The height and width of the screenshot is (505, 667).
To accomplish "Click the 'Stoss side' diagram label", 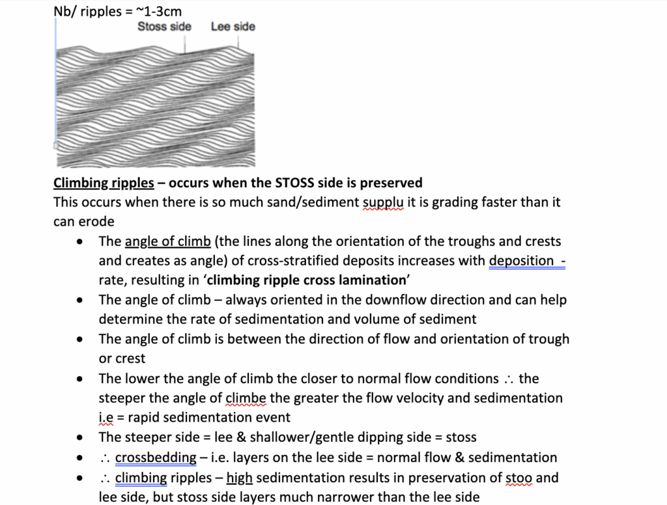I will (164, 27).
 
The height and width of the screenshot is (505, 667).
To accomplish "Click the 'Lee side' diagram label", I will (233, 27).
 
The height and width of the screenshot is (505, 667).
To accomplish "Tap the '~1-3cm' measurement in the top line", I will (160, 11).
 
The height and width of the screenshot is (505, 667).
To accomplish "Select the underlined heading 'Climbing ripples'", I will (104, 183).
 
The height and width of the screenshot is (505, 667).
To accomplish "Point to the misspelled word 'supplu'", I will (383, 202).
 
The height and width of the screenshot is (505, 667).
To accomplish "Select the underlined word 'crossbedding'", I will (156, 457).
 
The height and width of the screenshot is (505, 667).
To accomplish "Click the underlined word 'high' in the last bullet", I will (240, 478).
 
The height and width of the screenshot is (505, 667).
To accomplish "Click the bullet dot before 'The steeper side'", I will (79, 437).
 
